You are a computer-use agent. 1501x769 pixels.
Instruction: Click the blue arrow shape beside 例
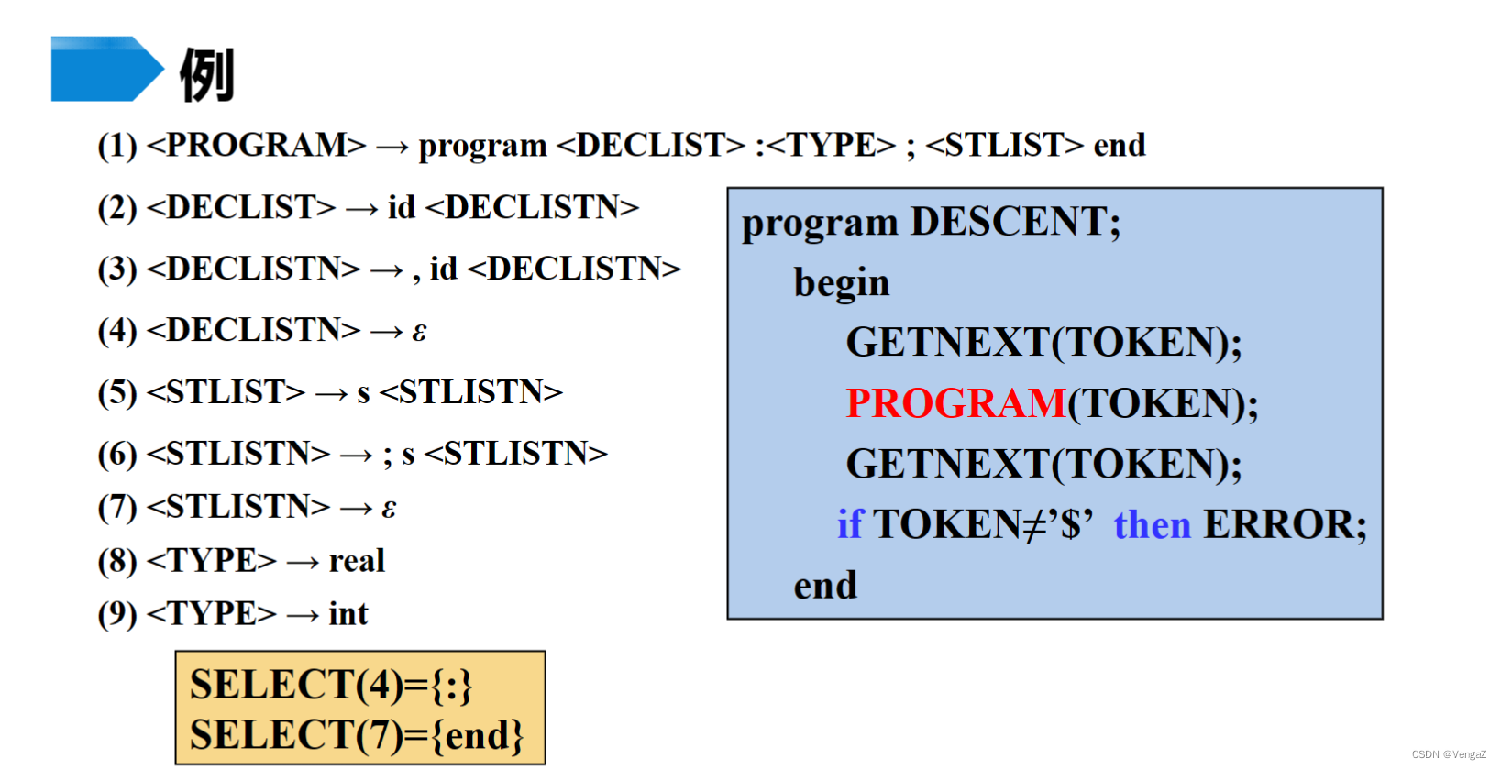(x=105, y=69)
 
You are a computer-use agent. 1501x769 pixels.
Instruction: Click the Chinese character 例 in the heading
(x=207, y=74)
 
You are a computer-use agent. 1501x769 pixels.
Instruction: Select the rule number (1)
(x=117, y=146)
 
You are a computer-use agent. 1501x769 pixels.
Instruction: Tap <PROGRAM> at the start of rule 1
(x=256, y=146)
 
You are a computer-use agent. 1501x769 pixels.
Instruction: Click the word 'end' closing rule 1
(x=1120, y=146)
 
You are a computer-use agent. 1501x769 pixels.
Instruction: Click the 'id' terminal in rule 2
(x=402, y=208)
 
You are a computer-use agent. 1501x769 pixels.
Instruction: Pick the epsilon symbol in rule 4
(x=419, y=331)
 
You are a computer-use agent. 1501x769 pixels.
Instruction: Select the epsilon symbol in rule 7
(x=389, y=508)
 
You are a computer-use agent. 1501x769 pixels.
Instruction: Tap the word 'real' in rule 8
(x=357, y=561)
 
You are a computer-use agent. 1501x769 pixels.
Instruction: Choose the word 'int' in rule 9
(x=348, y=614)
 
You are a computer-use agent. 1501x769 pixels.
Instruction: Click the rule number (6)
(x=117, y=455)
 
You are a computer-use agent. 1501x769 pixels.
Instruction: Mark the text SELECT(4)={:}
(x=331, y=685)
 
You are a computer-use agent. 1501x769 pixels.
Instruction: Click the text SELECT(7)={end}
(x=357, y=735)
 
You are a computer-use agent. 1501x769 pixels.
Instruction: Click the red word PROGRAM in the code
(x=955, y=403)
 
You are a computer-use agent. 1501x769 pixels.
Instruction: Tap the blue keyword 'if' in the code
(x=850, y=525)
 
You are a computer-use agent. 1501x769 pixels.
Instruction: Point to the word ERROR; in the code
(x=1285, y=525)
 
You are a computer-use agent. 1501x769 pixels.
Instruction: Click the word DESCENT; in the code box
(x=1015, y=223)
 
